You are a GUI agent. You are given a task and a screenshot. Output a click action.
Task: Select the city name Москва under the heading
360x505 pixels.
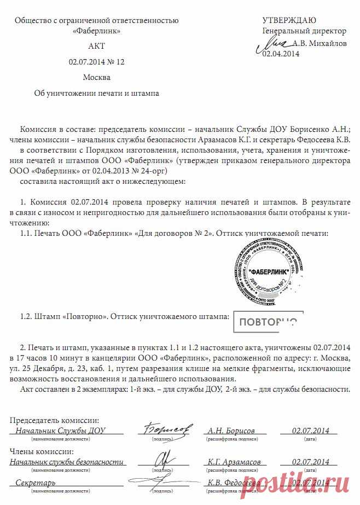(x=97, y=77)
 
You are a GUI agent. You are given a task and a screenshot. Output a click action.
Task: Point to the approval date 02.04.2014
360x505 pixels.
(x=281, y=54)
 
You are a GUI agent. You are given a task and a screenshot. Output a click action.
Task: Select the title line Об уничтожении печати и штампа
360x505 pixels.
(x=96, y=93)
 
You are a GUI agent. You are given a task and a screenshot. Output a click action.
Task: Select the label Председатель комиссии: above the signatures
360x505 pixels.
(x=55, y=420)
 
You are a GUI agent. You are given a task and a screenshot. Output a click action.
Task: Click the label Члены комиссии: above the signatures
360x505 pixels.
(x=42, y=451)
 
